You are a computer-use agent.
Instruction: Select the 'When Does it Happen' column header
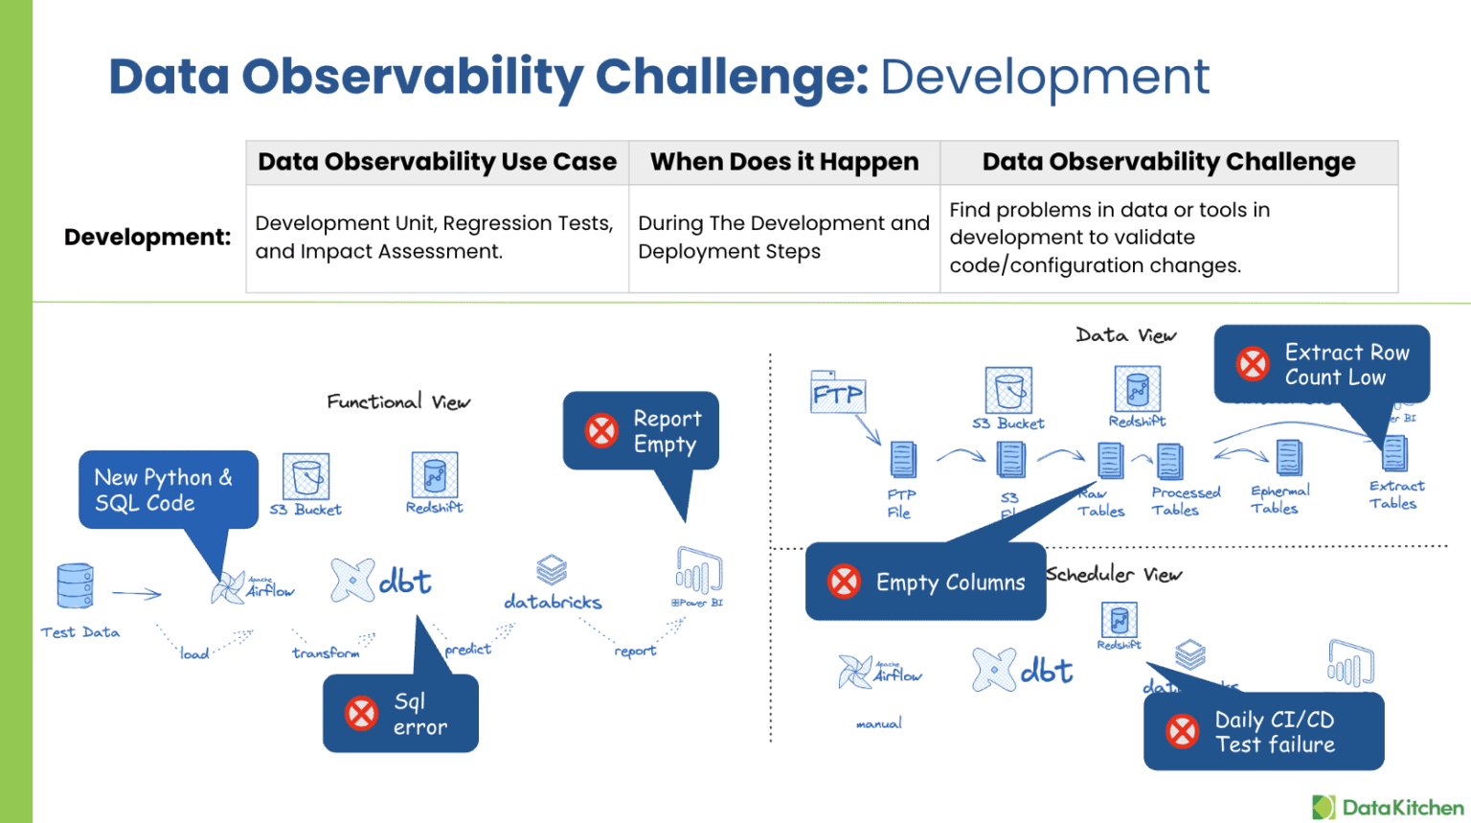(784, 162)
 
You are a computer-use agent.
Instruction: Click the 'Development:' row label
(147, 237)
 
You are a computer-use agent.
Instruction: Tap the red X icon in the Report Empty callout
(601, 430)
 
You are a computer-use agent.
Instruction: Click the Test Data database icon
(75, 585)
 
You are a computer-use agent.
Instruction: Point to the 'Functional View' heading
(398, 401)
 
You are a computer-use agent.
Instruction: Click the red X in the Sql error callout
(361, 714)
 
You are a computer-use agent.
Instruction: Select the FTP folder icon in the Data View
(837, 392)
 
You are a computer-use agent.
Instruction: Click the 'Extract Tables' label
(1395, 494)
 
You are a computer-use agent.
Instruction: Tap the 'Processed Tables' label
(1185, 501)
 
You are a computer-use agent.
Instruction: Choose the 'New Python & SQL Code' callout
(165, 490)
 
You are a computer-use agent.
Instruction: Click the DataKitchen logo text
(1402, 808)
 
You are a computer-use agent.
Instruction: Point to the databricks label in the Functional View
(553, 603)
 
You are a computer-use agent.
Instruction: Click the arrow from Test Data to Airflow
(137, 594)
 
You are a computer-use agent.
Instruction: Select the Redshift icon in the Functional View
(435, 475)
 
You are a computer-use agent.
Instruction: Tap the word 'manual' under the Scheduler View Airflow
(879, 723)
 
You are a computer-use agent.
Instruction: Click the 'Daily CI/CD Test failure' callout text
(1274, 732)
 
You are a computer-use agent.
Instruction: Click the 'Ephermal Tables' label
(1279, 499)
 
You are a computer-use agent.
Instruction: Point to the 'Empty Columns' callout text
(950, 583)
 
